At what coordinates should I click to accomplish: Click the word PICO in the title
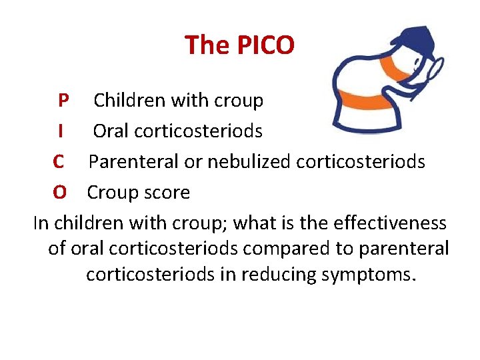(266, 45)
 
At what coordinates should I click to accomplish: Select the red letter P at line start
(63, 101)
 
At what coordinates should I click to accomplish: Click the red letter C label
(59, 162)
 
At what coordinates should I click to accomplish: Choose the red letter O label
(60, 193)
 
